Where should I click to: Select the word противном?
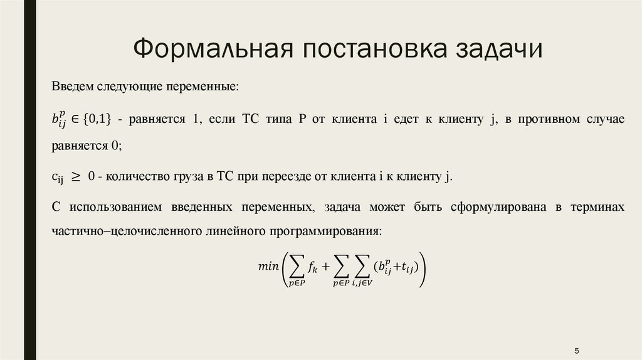(x=539, y=120)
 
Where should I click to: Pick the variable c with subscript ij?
(x=58, y=178)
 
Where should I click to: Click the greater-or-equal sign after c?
(x=76, y=177)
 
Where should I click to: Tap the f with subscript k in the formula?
(x=312, y=267)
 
